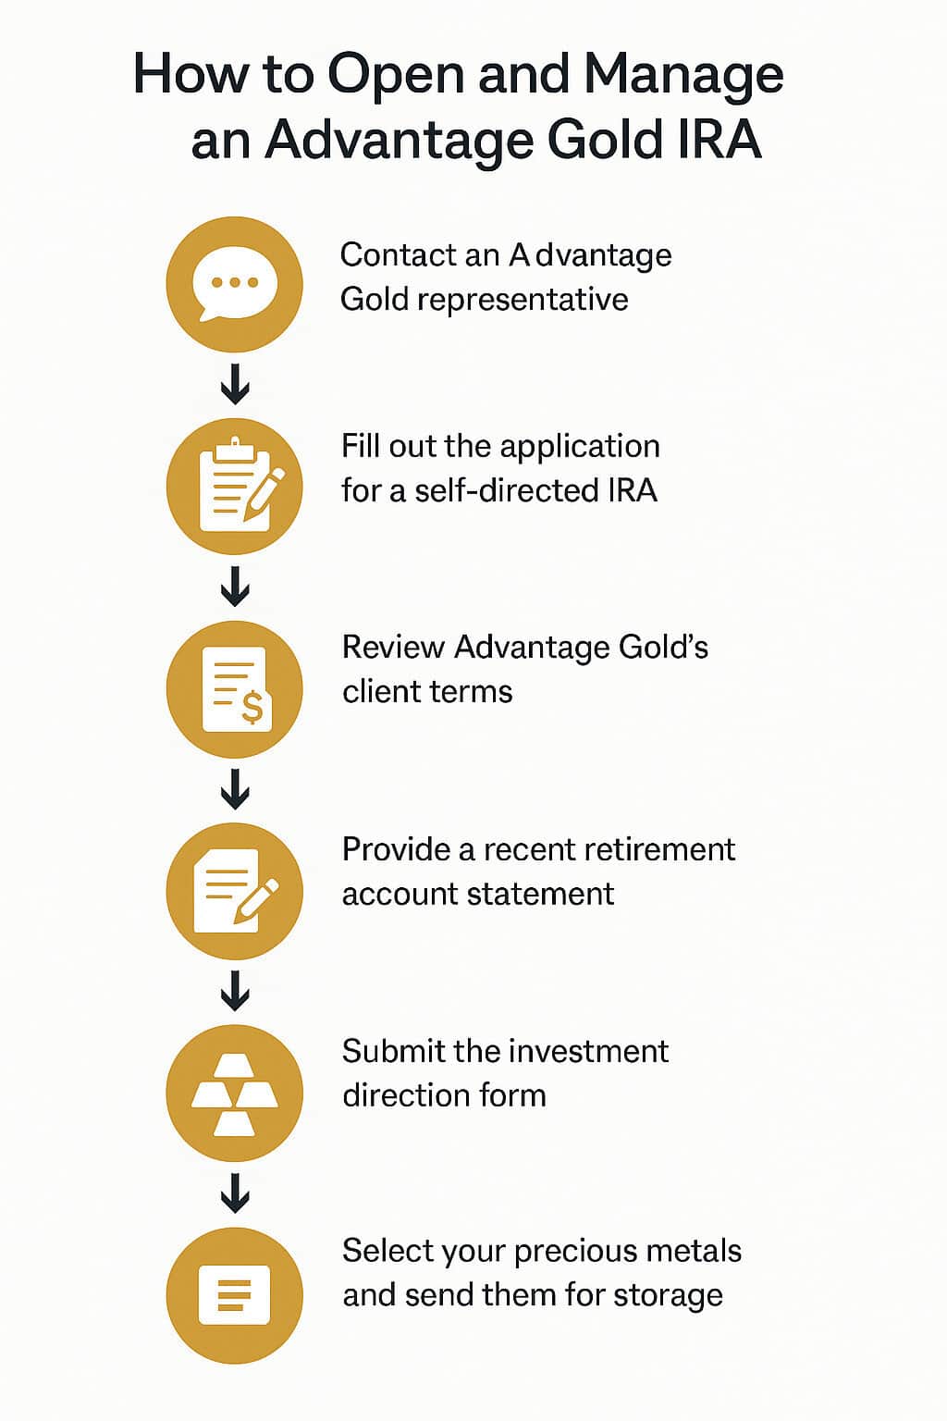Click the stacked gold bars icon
click(x=234, y=1094)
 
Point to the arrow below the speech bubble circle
click(x=235, y=384)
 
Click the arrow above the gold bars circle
click(x=235, y=991)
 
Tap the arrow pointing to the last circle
click(x=235, y=1193)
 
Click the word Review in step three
click(x=393, y=648)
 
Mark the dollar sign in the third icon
click(x=252, y=709)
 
